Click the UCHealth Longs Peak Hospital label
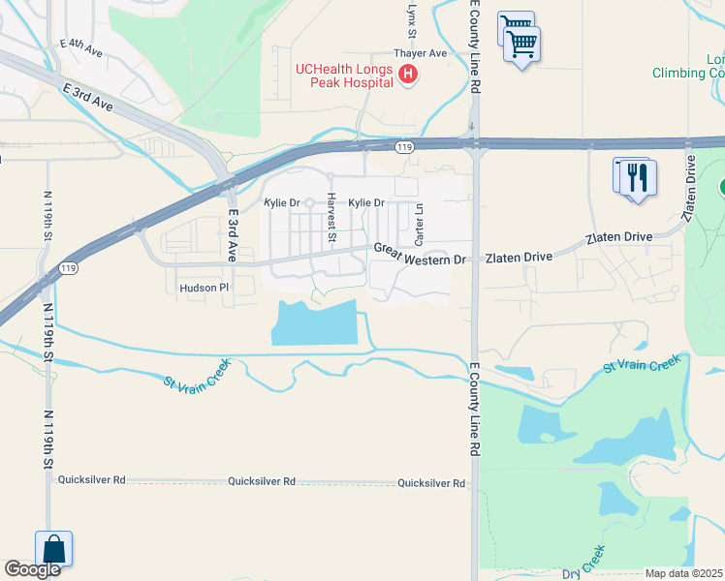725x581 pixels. click(344, 75)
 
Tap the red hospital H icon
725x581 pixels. click(408, 75)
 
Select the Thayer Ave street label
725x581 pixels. click(420, 53)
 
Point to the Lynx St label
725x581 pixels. click(412, 15)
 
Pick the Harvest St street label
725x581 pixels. click(331, 217)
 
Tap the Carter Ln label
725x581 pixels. click(419, 224)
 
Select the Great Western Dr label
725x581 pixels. click(420, 254)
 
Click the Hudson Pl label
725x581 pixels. click(203, 288)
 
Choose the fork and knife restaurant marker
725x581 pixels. click(637, 179)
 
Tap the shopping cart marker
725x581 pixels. click(521, 44)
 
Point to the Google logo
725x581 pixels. click(32, 569)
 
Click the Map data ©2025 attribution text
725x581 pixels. click(683, 573)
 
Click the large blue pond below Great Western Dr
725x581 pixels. click(315, 323)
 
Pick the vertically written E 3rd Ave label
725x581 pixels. click(233, 236)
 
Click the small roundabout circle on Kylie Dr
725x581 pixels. click(309, 203)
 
